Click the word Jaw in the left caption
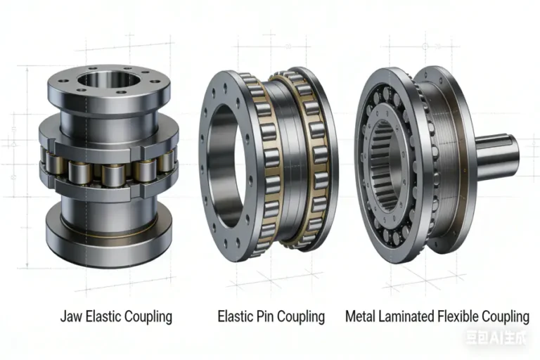(x=70, y=316)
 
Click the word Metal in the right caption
(x=361, y=316)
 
